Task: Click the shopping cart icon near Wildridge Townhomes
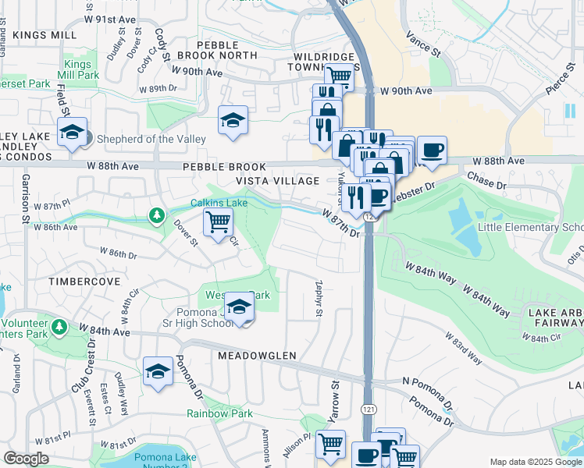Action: point(338,76)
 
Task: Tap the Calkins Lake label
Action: point(219,203)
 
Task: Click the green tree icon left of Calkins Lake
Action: point(158,214)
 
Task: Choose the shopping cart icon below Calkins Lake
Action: point(218,222)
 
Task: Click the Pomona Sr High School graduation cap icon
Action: point(240,306)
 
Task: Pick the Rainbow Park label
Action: point(219,413)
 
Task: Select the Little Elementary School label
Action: point(530,227)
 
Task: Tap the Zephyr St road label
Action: point(318,299)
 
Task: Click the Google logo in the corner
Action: point(27,459)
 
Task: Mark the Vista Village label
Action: point(278,181)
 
